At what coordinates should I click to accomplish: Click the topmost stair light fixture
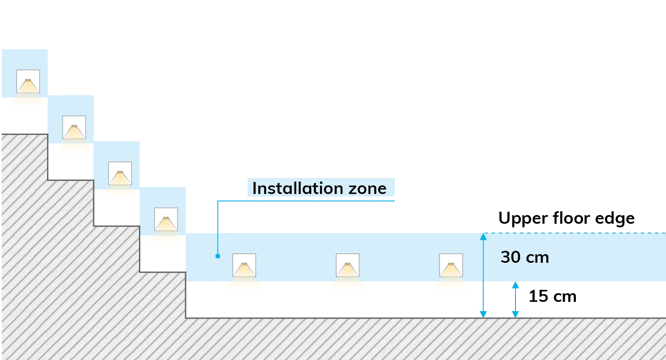click(28, 81)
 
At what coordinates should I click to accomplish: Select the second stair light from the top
click(74, 127)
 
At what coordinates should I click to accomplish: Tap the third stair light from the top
click(120, 173)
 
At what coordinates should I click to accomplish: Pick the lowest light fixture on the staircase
click(166, 219)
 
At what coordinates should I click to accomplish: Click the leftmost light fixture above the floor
click(244, 265)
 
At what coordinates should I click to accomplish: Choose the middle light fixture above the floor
click(348, 265)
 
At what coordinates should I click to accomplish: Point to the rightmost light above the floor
click(451, 265)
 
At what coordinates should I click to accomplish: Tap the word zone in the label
click(368, 189)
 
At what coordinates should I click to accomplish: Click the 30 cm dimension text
click(525, 257)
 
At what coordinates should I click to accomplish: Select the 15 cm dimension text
click(552, 297)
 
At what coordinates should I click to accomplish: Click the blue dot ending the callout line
click(218, 256)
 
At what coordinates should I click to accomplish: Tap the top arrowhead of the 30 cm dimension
click(483, 237)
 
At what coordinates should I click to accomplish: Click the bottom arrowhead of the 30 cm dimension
click(483, 315)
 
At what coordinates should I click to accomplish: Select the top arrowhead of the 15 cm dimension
click(515, 285)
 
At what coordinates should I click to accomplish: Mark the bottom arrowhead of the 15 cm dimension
click(515, 315)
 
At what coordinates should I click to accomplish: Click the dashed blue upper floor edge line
click(575, 233)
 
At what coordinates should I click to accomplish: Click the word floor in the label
click(571, 218)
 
